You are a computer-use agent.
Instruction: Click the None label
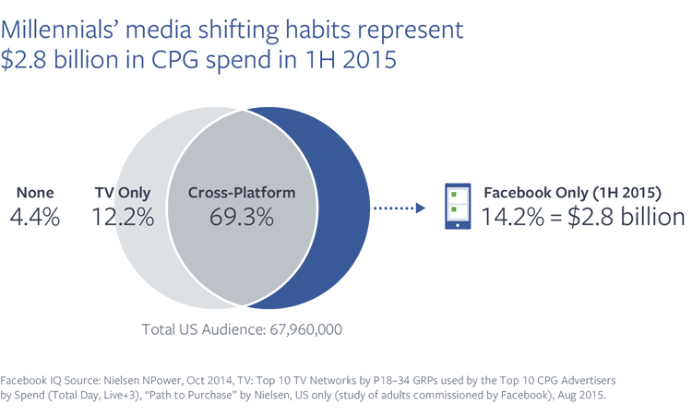pyautogui.click(x=36, y=194)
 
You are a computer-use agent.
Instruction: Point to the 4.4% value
pyautogui.click(x=36, y=218)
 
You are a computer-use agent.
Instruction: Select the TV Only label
pyautogui.click(x=122, y=194)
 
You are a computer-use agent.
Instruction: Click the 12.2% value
pyautogui.click(x=122, y=218)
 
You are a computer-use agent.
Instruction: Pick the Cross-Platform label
pyautogui.click(x=242, y=194)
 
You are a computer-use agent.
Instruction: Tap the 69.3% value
pyautogui.click(x=242, y=218)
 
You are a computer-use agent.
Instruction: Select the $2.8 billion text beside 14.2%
pyautogui.click(x=630, y=219)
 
